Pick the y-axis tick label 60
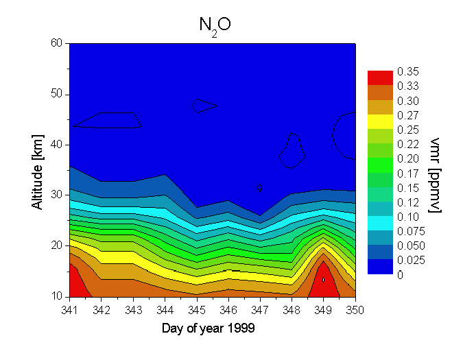point(57,43)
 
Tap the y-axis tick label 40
point(57,145)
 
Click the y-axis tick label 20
point(57,245)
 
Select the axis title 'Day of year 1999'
point(209,328)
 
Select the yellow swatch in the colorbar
point(379,121)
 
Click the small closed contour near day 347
point(259,187)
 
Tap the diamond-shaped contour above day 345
point(204,106)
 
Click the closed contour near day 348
point(292,151)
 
